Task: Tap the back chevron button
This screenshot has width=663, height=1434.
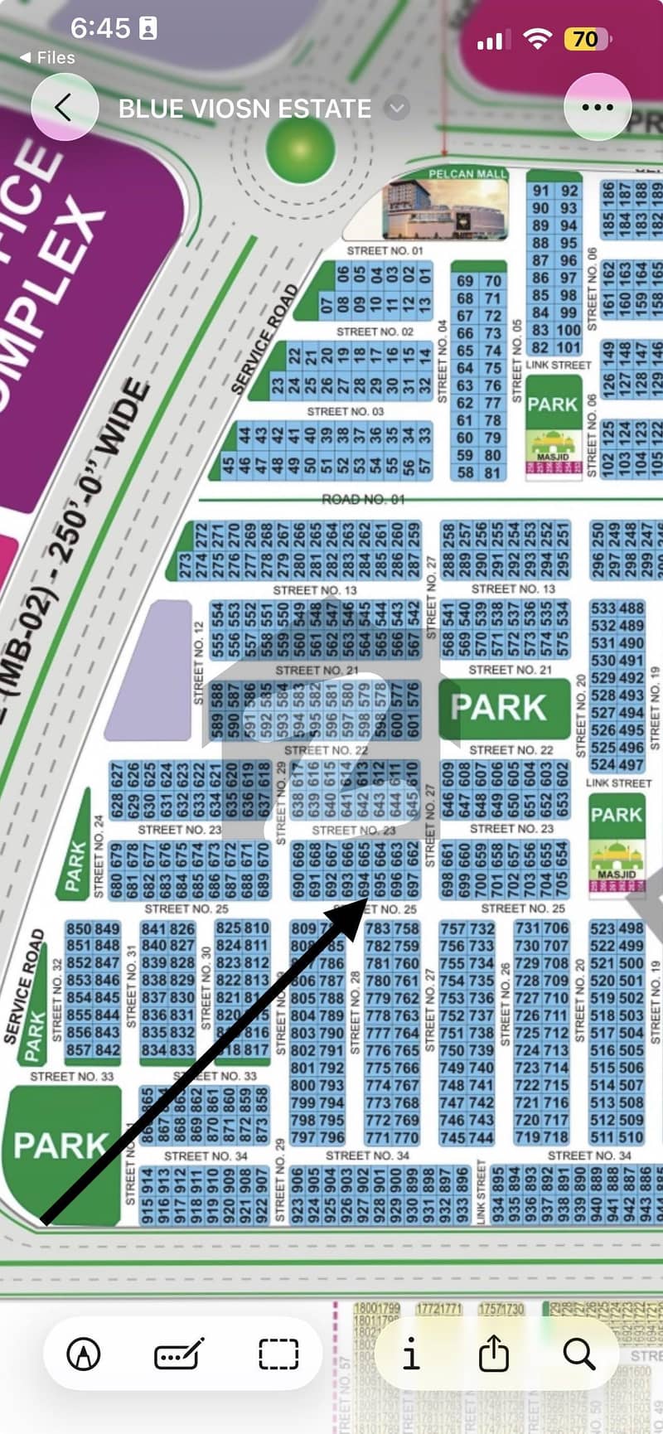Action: click(64, 107)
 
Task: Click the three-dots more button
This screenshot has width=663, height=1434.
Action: click(598, 107)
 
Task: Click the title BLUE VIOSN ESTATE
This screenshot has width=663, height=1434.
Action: click(244, 109)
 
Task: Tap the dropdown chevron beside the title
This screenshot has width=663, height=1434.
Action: click(398, 108)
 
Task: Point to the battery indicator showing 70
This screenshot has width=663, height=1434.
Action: click(586, 39)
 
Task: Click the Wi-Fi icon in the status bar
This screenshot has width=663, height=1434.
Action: click(539, 38)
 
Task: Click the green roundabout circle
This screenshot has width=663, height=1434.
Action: click(301, 148)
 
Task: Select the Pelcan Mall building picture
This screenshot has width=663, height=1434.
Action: click(445, 210)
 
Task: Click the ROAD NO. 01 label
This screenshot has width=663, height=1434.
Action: click(363, 499)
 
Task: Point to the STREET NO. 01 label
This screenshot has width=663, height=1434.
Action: click(384, 250)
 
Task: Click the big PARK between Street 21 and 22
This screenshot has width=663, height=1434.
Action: click(498, 707)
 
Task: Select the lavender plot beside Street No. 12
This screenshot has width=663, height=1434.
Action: click(149, 670)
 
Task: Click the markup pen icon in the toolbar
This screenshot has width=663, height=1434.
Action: click(83, 1354)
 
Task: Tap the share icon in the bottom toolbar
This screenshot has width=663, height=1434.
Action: click(493, 1354)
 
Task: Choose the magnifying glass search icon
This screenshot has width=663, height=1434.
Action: click(578, 1354)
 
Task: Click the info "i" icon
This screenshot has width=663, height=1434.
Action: click(411, 1354)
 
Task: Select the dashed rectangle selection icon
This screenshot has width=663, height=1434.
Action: click(278, 1354)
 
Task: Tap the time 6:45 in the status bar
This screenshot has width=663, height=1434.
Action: click(100, 28)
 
